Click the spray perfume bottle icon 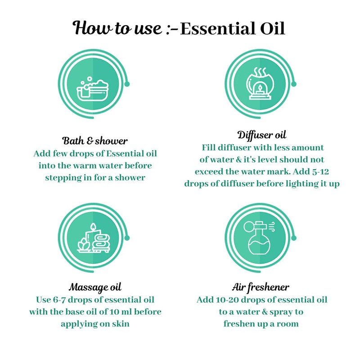coord(262,240)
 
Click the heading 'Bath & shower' coord(95,140)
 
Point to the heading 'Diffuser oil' coord(262,135)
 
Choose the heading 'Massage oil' coord(95,287)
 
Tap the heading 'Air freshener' coord(262,287)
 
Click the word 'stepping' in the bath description coord(63,178)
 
